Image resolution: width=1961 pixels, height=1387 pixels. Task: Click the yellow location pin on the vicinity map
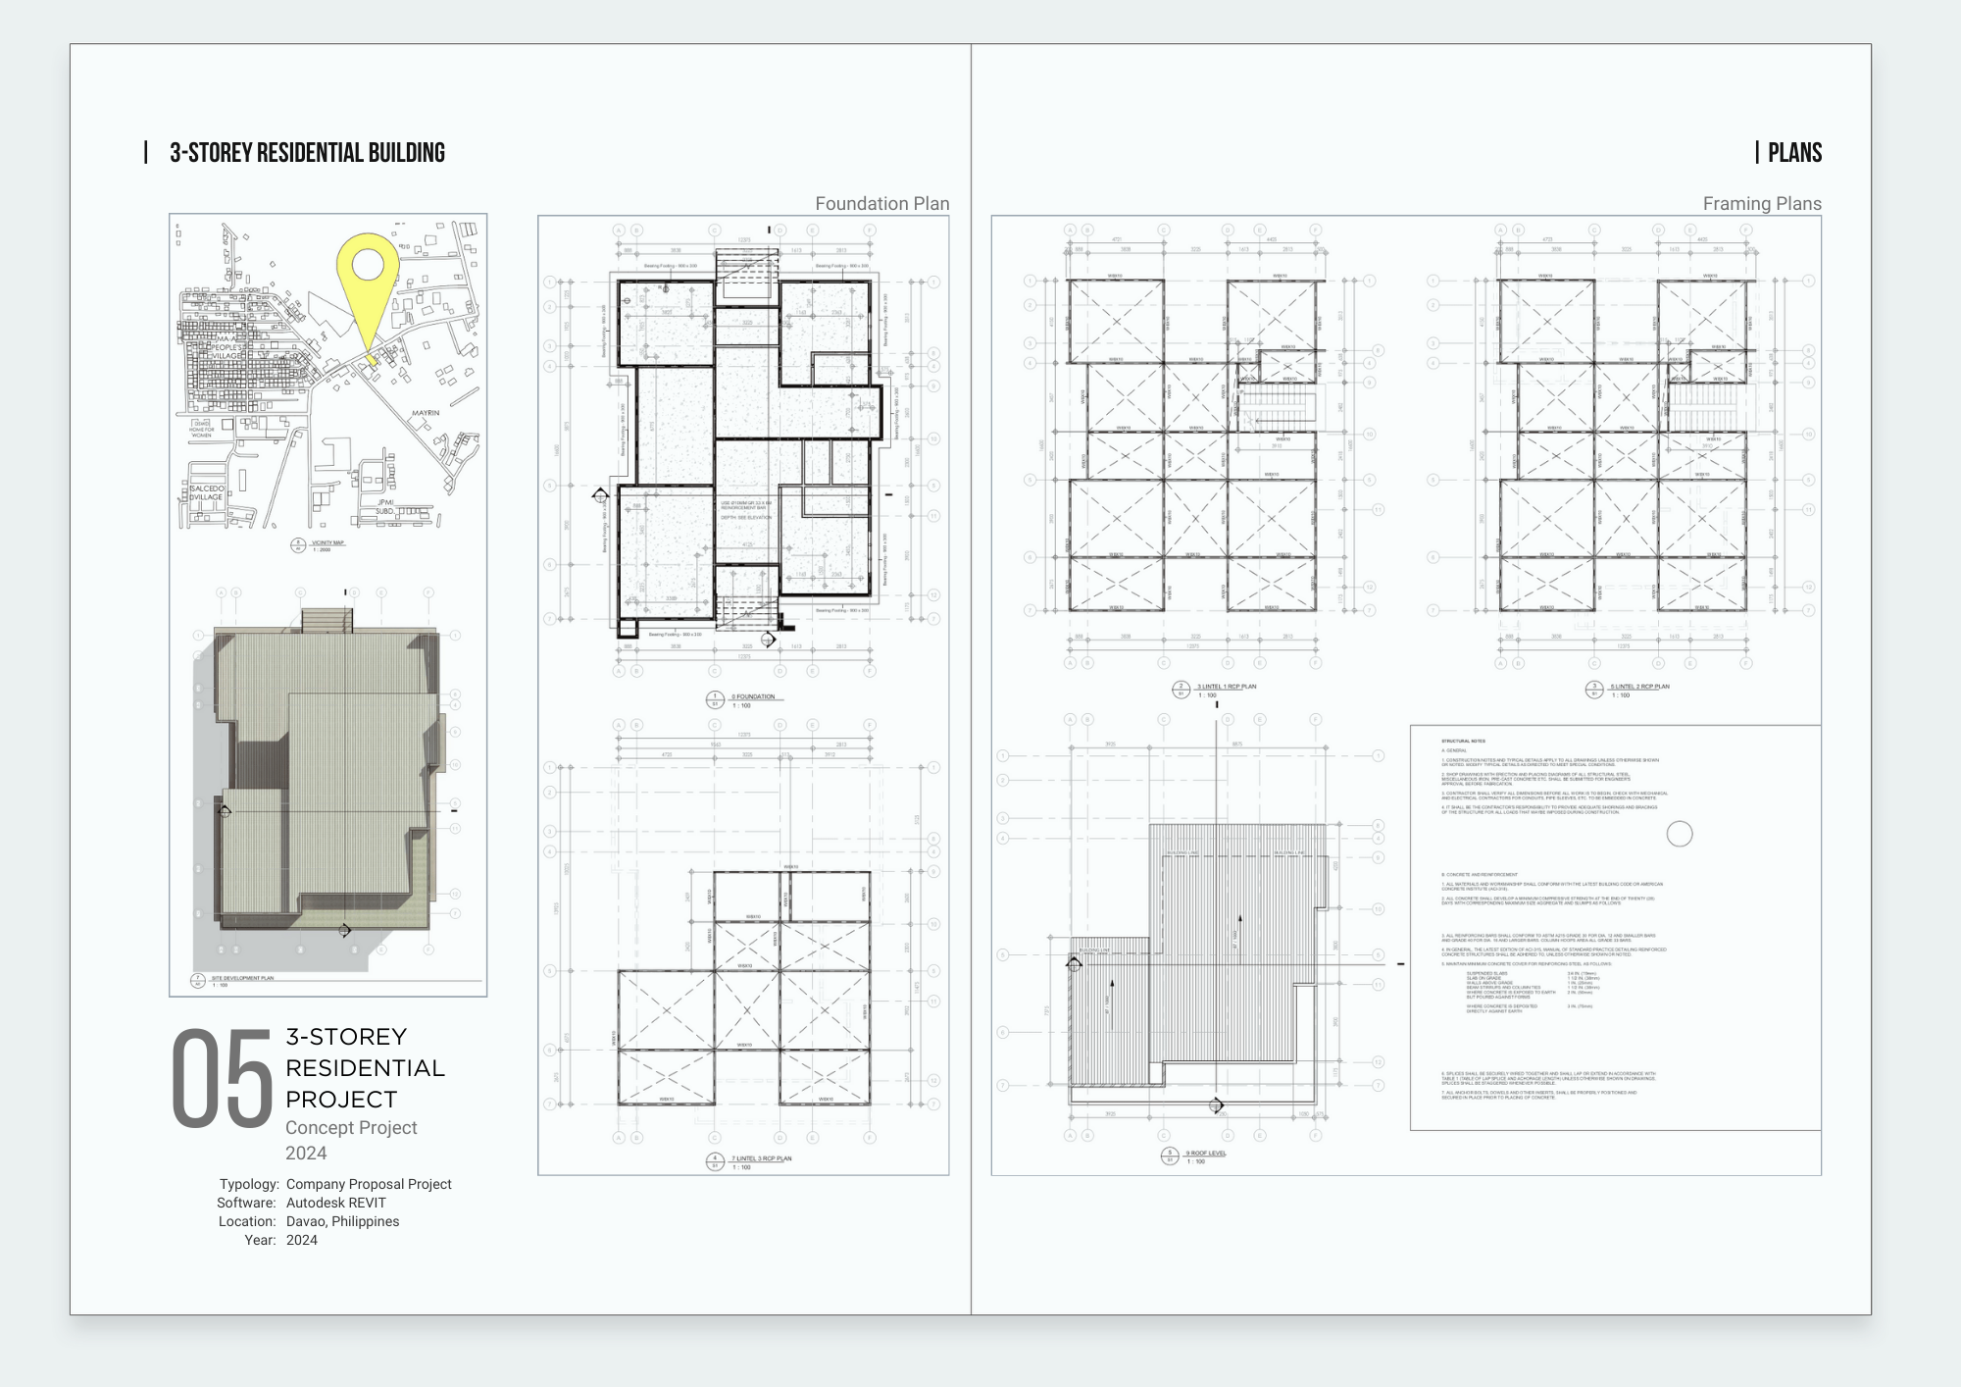[x=368, y=269]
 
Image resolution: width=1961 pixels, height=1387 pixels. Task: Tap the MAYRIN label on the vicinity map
[x=426, y=413]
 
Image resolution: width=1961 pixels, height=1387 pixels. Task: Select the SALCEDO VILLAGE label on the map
[x=207, y=492]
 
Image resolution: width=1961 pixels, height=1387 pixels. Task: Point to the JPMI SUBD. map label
[x=384, y=506]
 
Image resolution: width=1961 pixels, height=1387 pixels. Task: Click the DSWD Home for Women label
[x=202, y=429]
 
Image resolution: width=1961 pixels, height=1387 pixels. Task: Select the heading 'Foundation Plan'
[x=881, y=204]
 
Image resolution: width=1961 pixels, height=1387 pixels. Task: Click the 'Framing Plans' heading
[x=1761, y=204]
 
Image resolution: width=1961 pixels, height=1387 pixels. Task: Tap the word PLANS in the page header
[x=1794, y=153]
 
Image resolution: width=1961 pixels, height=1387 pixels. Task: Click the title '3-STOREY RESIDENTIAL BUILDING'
[x=307, y=153]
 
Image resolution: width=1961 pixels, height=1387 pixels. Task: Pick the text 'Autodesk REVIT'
[x=335, y=1203]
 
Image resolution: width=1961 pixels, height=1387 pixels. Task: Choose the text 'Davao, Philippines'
[x=342, y=1221]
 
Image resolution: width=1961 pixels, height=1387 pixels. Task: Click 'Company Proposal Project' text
[x=369, y=1184]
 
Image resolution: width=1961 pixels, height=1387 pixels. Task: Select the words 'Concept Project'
[x=351, y=1128]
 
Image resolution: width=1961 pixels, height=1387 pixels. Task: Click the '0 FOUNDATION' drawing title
[x=752, y=696]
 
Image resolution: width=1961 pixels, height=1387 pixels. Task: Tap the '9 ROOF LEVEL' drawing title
[x=1205, y=1153]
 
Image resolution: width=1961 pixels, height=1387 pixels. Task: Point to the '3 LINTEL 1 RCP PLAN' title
[x=1226, y=687]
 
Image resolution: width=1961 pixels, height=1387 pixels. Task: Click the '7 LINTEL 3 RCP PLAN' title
[x=761, y=1158]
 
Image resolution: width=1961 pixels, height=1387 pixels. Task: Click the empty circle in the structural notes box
[x=1680, y=834]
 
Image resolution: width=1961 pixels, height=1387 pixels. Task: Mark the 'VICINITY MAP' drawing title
[x=327, y=542]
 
